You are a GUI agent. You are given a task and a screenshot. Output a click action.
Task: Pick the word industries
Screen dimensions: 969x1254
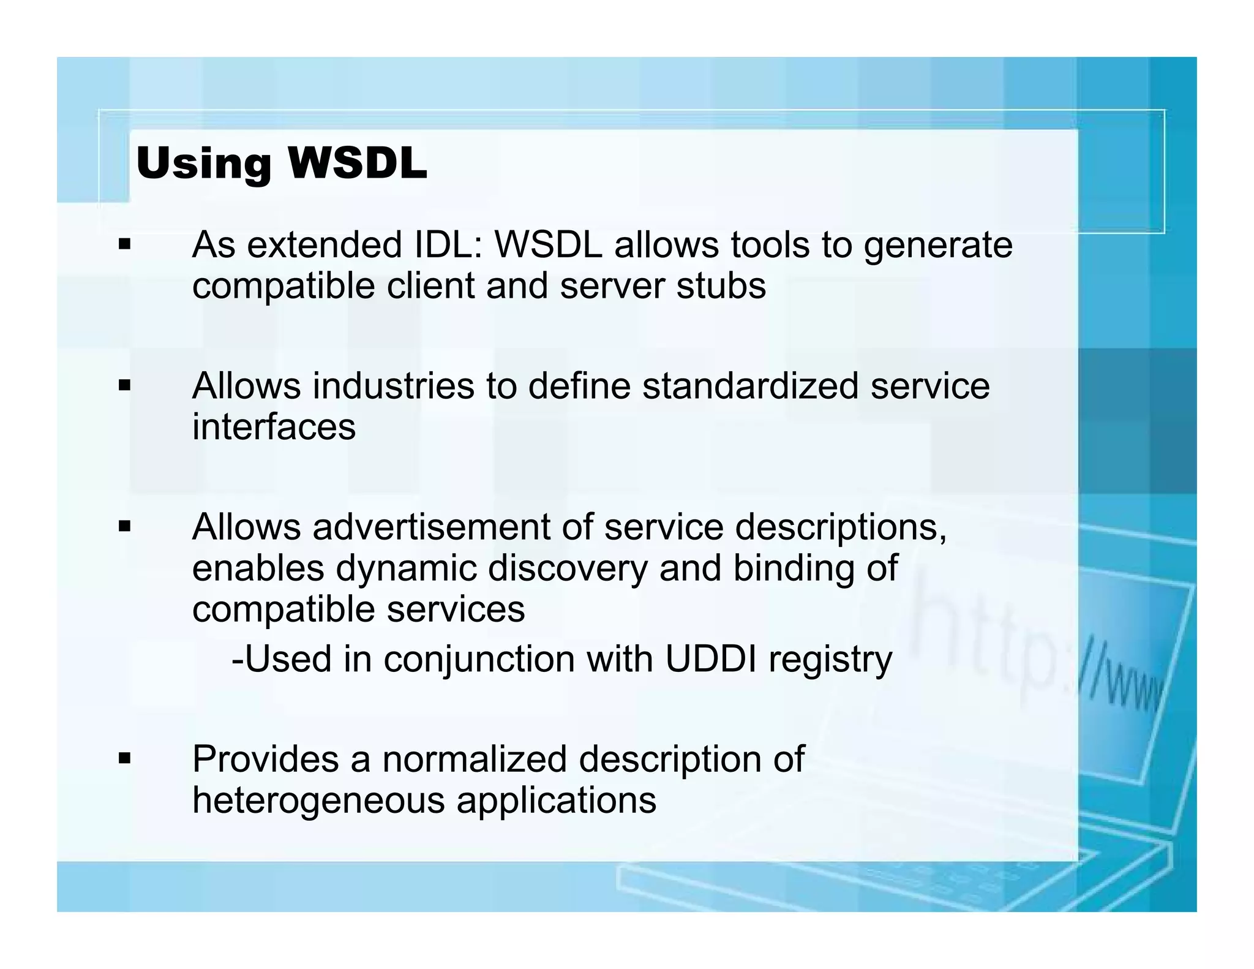click(393, 386)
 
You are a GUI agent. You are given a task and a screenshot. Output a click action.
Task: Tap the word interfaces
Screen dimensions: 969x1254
click(274, 426)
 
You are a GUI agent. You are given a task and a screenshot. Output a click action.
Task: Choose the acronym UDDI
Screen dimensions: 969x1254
click(710, 659)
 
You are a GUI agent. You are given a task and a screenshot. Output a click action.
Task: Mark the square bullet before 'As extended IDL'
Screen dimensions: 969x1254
click(125, 245)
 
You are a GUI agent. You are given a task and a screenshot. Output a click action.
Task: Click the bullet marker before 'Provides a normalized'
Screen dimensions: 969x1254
click(125, 759)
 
